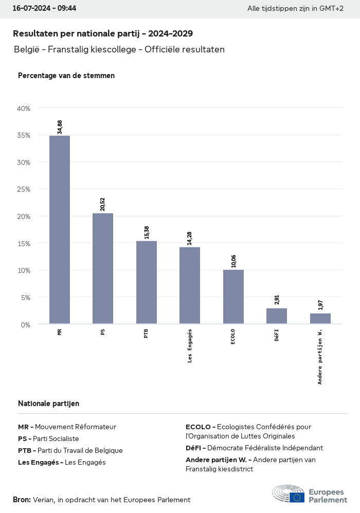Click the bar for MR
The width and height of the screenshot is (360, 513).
[x=60, y=230]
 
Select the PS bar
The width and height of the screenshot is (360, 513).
[x=103, y=268]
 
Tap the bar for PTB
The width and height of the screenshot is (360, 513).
[x=147, y=282]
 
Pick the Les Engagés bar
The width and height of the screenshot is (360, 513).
[x=190, y=285]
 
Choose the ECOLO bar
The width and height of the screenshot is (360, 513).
[x=233, y=297]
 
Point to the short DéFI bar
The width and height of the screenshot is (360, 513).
[x=277, y=316]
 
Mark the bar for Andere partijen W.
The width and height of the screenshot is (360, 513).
[x=320, y=318]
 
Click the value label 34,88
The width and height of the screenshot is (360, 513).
[x=60, y=127]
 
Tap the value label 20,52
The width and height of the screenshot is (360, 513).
[x=103, y=204]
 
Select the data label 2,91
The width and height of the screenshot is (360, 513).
[x=277, y=300]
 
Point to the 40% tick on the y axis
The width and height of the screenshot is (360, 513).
[x=24, y=108]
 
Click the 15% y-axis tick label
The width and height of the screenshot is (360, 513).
[x=24, y=243]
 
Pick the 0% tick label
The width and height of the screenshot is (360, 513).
[x=26, y=324]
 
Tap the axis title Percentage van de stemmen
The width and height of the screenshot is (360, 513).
[x=66, y=76]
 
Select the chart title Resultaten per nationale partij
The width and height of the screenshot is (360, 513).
[x=103, y=34]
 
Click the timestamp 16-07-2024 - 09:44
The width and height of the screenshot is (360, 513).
[x=44, y=9]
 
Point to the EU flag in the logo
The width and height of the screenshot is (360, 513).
[x=297, y=497]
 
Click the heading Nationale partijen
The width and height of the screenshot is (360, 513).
[x=48, y=404]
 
